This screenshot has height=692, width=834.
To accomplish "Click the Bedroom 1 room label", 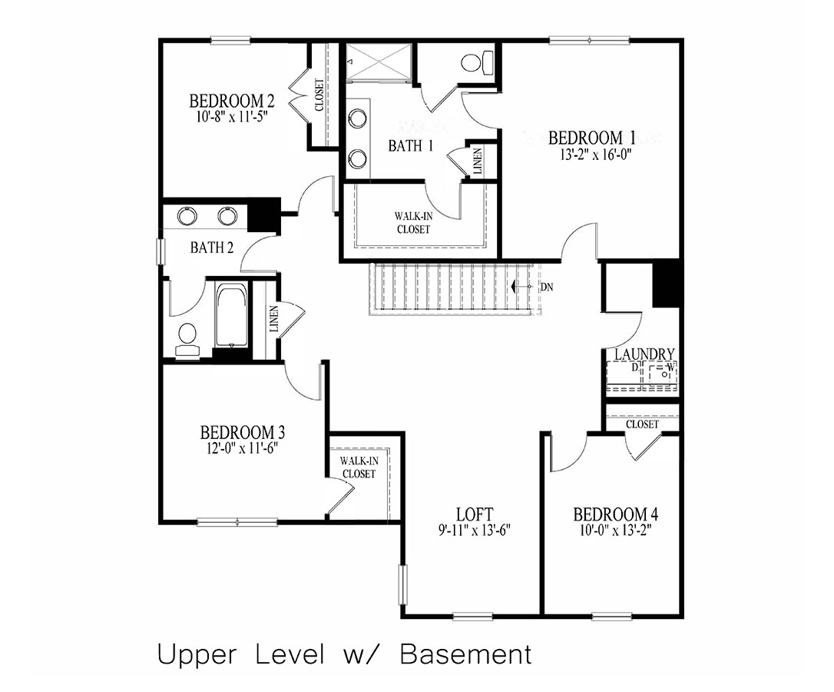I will [591, 138].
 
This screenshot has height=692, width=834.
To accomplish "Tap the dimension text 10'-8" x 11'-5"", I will [232, 118].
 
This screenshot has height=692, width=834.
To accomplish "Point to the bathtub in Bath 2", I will [231, 316].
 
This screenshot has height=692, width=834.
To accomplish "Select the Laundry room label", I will [644, 354].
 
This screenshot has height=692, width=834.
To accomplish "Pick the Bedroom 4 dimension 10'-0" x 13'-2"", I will [615, 529].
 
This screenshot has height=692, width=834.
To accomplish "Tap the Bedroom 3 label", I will [237, 432].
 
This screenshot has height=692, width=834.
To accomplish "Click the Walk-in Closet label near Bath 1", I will [413, 223].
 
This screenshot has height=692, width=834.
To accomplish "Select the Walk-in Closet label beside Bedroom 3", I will [359, 467].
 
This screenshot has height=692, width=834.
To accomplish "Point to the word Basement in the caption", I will [466, 654].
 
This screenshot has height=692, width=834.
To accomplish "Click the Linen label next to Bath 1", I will [478, 162].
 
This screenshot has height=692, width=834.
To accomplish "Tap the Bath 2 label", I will [207, 248].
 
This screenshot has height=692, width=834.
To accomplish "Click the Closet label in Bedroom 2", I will [319, 95].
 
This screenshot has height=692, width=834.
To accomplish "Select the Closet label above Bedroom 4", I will [642, 424].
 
